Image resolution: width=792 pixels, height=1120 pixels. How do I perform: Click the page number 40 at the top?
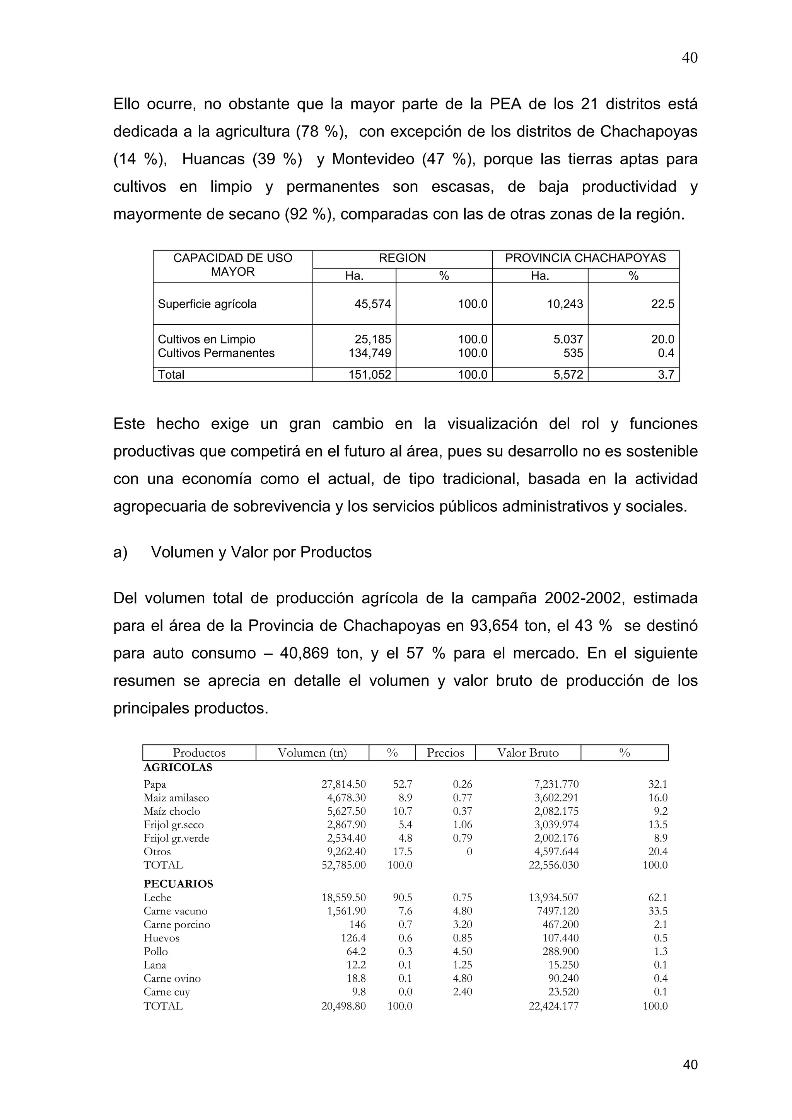coord(689,58)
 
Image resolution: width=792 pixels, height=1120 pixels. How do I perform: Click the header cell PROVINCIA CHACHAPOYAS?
coord(585,259)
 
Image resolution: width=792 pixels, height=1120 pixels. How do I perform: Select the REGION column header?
coord(402,259)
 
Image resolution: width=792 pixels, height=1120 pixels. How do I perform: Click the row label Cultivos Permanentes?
coord(216,353)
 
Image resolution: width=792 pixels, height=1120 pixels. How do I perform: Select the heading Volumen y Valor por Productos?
coord(261,552)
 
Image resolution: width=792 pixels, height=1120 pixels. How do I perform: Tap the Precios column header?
coord(445,753)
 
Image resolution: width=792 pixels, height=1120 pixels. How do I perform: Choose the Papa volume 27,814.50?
coord(343,785)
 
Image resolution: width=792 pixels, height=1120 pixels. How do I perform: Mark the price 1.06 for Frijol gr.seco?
coord(462,825)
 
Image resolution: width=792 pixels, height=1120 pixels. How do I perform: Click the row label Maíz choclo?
coord(172,811)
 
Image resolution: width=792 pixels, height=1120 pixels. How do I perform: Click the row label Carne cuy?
coord(166,992)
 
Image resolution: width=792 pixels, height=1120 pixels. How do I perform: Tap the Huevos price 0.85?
coord(462,938)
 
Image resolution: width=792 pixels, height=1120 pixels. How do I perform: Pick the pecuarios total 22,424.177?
coord(553,1006)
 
